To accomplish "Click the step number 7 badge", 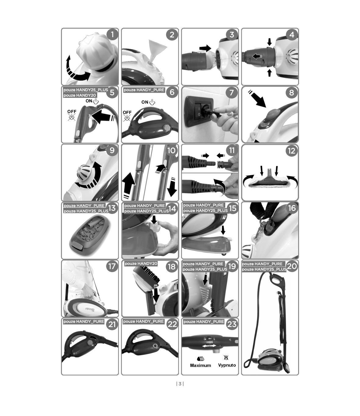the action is tap(232, 93).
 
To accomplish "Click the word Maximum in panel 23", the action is tap(201, 365).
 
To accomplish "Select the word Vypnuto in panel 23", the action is tap(227, 365).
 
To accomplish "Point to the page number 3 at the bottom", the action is tap(180, 384).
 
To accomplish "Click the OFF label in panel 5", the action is tap(72, 112).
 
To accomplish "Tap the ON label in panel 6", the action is tap(144, 102).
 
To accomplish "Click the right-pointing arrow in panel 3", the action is tap(205, 48).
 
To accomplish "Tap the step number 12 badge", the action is tap(291, 151).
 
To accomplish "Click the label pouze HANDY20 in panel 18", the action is tap(141, 264).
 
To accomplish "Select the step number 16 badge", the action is tap(292, 208).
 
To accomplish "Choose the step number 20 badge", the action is tap(292, 266).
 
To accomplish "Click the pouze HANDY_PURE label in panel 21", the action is tap(84, 322).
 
